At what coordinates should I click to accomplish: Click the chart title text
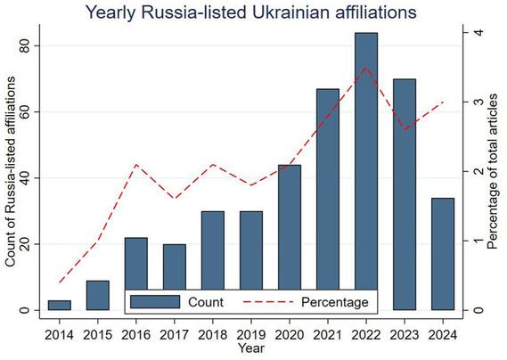pos(253,12)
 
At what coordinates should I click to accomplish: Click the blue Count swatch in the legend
pos(155,303)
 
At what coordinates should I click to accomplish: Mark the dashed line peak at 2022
pos(365,68)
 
